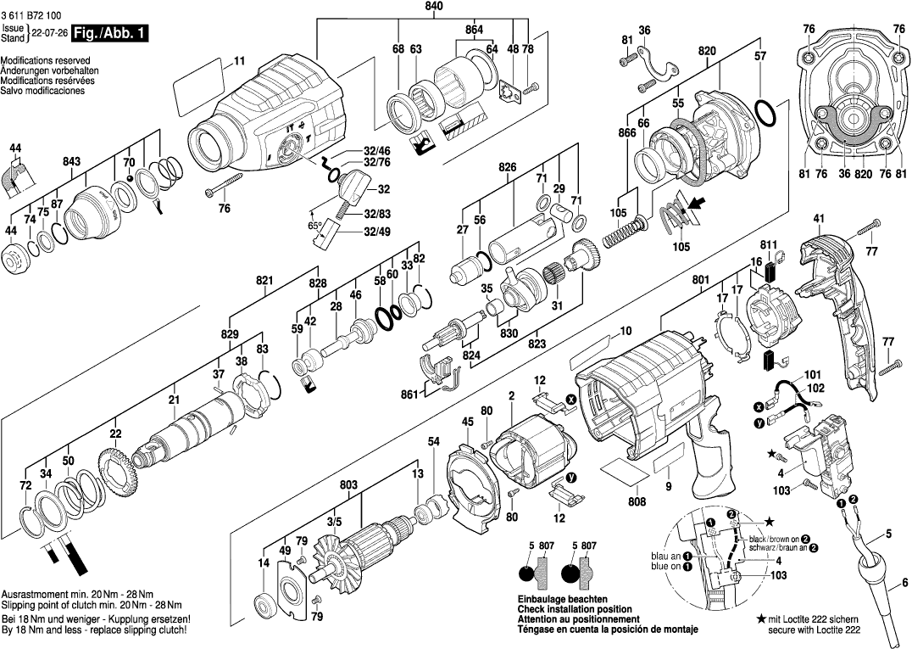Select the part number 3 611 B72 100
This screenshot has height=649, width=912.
pos(31,15)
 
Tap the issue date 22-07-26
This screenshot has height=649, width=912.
pos(48,34)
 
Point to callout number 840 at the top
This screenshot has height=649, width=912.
pos(434,7)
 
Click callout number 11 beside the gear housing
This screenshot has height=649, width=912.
pos(239,60)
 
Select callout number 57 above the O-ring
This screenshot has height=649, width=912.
pos(759,56)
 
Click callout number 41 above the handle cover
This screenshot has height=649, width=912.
pos(818,219)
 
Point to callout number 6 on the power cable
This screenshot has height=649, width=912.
pos(904,582)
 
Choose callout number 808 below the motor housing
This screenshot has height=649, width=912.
pos(637,501)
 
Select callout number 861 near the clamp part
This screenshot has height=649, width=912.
pos(409,394)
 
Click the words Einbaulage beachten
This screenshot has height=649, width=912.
pos(559,600)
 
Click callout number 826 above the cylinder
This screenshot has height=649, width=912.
pos(508,167)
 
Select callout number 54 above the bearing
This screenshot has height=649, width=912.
pos(434,442)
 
